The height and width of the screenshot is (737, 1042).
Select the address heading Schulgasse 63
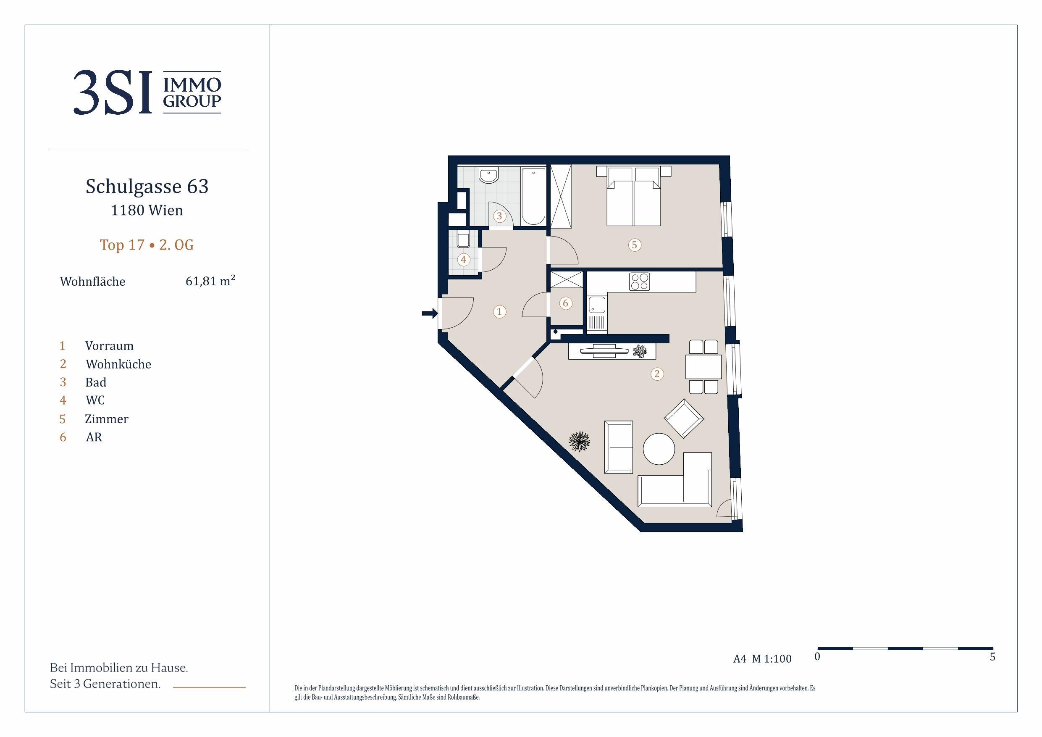tap(147, 186)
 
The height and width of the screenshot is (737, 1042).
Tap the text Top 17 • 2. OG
tap(147, 245)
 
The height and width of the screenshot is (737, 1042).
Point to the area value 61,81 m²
tap(210, 281)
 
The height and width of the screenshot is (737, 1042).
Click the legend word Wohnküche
tap(118, 364)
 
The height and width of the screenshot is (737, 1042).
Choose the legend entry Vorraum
tap(109, 346)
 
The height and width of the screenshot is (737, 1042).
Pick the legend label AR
tap(94, 437)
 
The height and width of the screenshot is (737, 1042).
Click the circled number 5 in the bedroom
tap(635, 245)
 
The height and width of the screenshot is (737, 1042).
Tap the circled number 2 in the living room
tap(657, 374)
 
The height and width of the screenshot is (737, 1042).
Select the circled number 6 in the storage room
tap(565, 303)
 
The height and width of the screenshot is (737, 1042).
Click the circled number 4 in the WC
tap(463, 260)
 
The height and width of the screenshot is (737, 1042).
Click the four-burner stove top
tap(640, 282)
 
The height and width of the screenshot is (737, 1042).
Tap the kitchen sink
tap(597, 305)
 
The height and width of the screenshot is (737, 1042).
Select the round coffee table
tap(659, 449)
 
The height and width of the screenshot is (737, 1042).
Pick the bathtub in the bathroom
tap(533, 196)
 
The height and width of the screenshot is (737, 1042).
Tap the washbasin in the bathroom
tap(489, 175)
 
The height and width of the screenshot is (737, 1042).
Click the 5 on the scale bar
tap(992, 657)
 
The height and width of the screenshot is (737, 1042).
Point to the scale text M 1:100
tap(772, 659)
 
